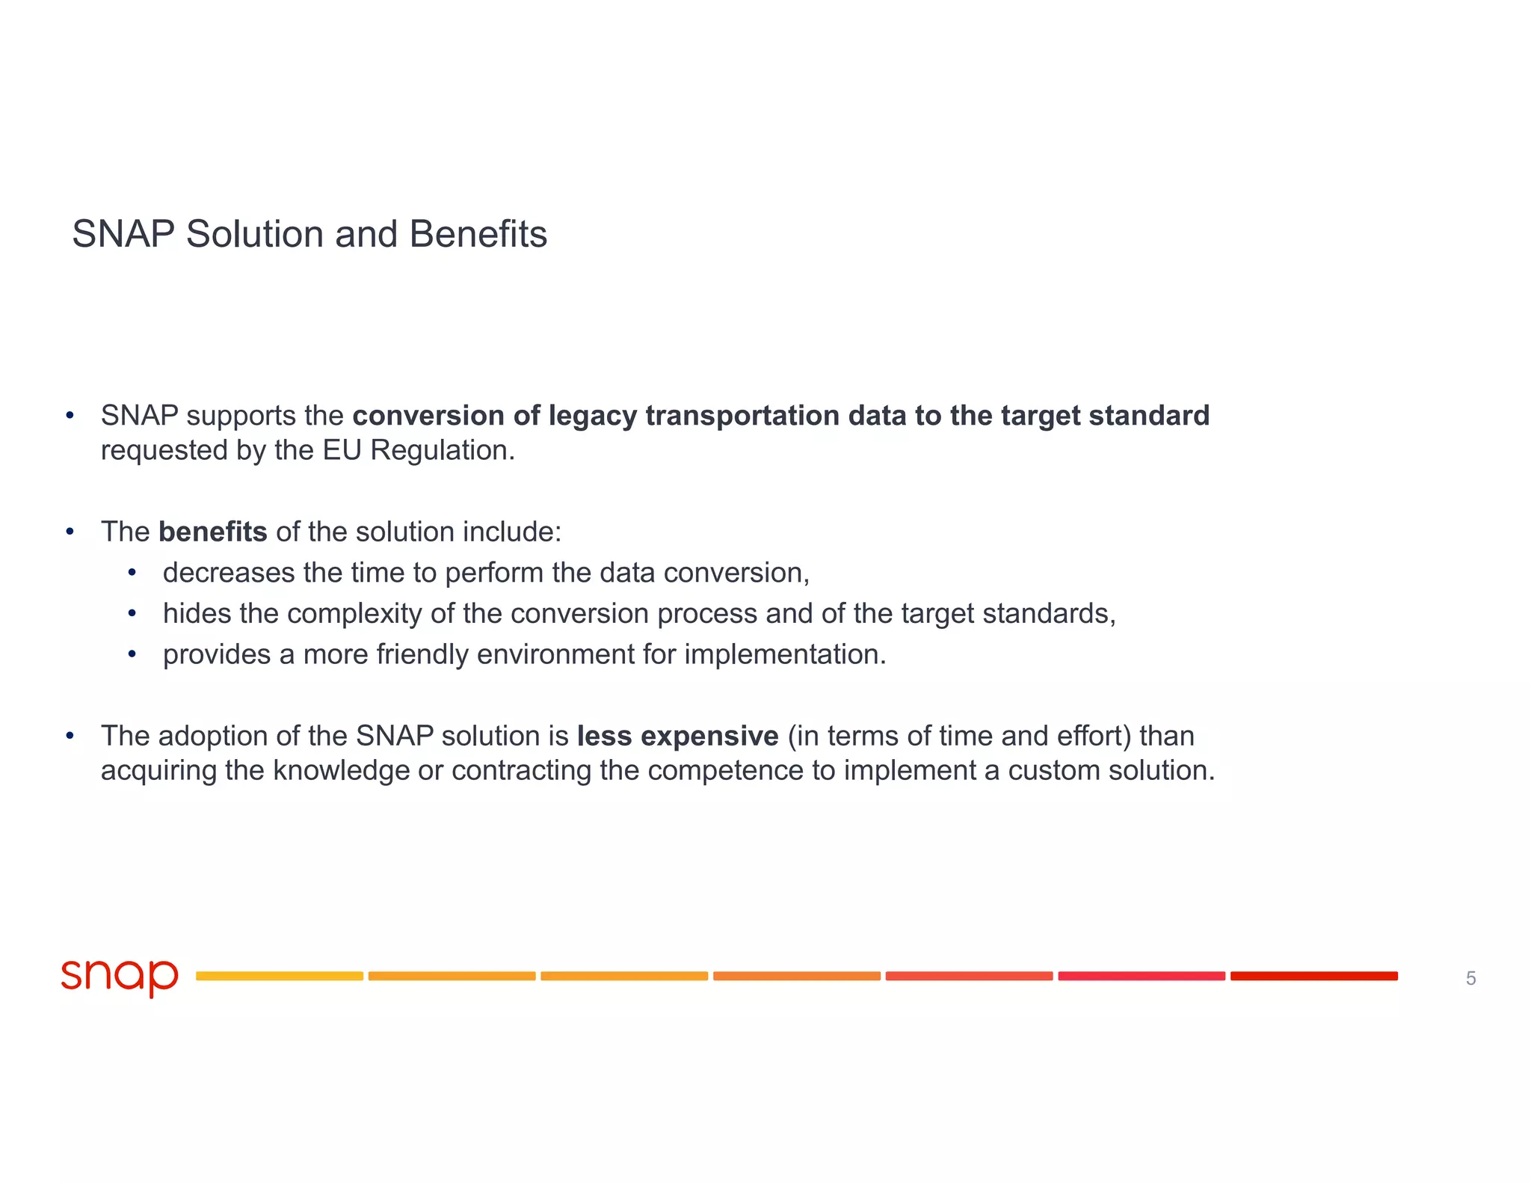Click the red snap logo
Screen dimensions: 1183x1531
(120, 977)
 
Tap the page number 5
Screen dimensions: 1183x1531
(1470, 978)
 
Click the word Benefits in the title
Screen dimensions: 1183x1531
(478, 234)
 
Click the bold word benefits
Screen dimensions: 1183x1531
(212, 532)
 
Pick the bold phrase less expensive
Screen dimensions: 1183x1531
(677, 736)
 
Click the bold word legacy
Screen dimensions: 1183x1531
(593, 416)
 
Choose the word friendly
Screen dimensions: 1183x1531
(422, 654)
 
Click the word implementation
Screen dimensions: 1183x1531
(784, 654)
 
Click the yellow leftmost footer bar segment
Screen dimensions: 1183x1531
(280, 976)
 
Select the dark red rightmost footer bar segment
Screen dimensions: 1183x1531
(1313, 976)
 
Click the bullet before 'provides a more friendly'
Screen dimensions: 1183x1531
(132, 654)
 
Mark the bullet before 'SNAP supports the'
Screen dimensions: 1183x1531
(70, 416)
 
